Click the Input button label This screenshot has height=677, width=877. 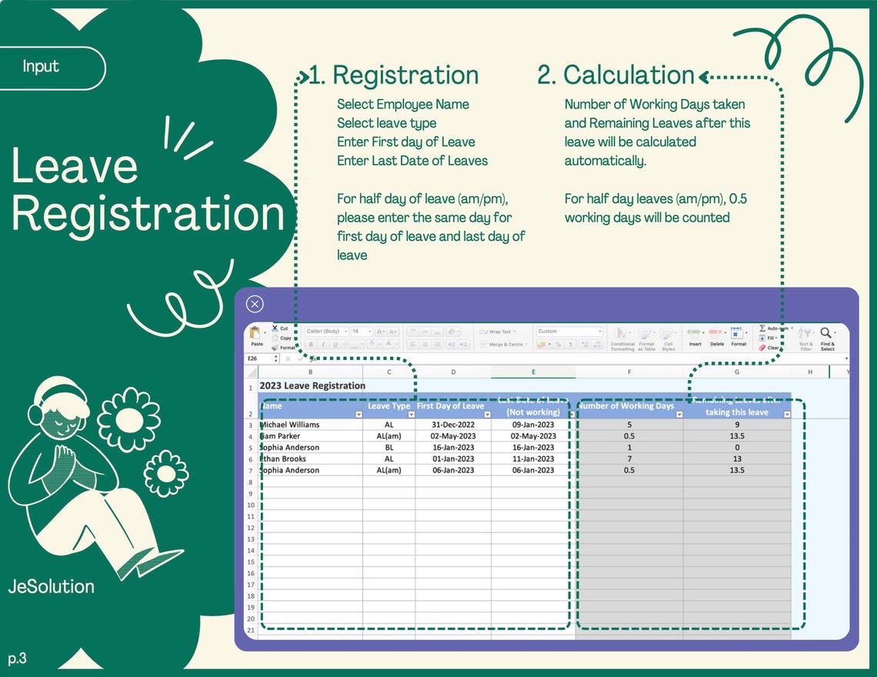[41, 67]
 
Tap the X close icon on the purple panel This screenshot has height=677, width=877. [255, 304]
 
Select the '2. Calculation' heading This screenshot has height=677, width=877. [615, 75]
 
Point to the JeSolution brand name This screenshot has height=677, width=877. [52, 586]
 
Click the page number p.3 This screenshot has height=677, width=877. [18, 659]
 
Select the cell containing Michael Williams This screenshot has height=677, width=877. [290, 425]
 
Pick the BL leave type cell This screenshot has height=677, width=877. [389, 448]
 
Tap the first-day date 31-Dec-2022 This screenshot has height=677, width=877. [453, 425]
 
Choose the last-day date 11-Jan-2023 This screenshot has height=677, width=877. [533, 459]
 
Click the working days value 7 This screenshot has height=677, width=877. [629, 459]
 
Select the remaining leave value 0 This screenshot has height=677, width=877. [737, 448]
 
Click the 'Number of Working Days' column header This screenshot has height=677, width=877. [626, 406]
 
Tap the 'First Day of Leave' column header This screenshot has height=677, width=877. [451, 406]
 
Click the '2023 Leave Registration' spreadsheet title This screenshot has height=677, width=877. [312, 385]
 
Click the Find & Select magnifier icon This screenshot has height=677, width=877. [826, 333]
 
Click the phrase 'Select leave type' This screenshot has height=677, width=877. [386, 123]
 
